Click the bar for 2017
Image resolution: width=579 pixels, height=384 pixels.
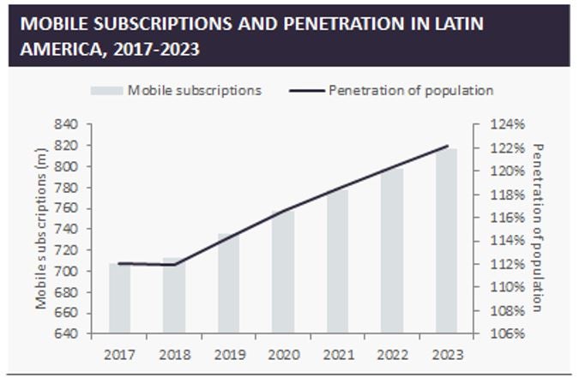click(119, 298)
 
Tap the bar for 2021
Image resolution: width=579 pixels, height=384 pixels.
click(337, 261)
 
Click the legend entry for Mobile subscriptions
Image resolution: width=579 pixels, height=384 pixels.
click(176, 90)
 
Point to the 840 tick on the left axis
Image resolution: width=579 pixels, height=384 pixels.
click(67, 125)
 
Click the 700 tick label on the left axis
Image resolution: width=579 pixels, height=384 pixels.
click(67, 271)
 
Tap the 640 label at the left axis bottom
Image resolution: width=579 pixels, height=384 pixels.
click(67, 333)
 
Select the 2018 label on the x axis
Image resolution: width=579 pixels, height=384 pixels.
click(174, 354)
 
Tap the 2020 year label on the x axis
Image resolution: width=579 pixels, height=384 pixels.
click(283, 354)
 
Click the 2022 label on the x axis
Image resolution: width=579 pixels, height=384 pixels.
click(391, 354)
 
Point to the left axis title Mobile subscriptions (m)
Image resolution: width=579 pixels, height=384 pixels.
click(40, 228)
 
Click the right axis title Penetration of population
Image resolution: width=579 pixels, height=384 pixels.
click(538, 228)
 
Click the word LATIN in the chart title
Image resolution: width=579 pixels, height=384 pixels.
click(452, 23)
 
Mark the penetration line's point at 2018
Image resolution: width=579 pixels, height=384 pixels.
click(174, 265)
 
